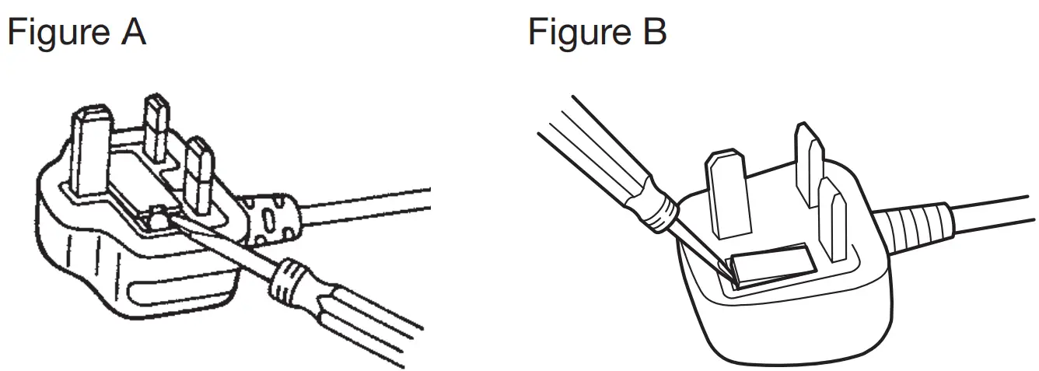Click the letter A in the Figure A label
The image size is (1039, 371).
click(133, 33)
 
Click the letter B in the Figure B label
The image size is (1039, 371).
click(652, 33)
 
